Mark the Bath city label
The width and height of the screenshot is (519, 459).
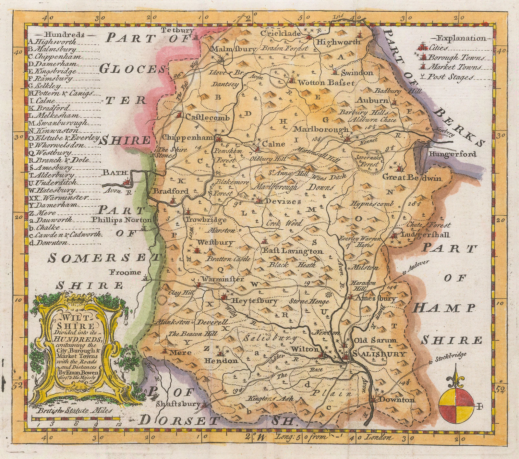click(x=111, y=173)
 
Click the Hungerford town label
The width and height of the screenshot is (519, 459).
click(x=453, y=154)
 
